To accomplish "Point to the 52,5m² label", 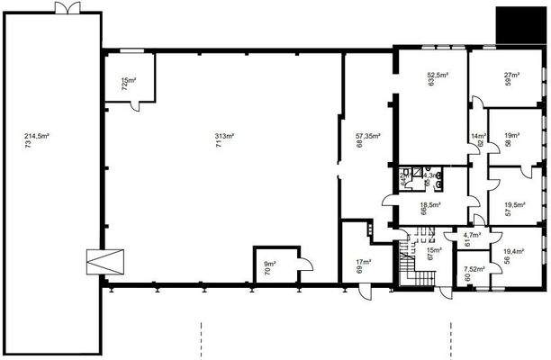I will coord(438,75).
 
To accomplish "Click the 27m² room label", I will coord(514,75).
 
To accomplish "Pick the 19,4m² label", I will coord(514,251).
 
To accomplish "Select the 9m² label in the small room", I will coord(269,265).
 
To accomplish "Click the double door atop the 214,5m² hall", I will coord(68,9).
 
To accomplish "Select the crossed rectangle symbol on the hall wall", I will coord(97,262).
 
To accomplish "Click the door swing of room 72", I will coord(138,102).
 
